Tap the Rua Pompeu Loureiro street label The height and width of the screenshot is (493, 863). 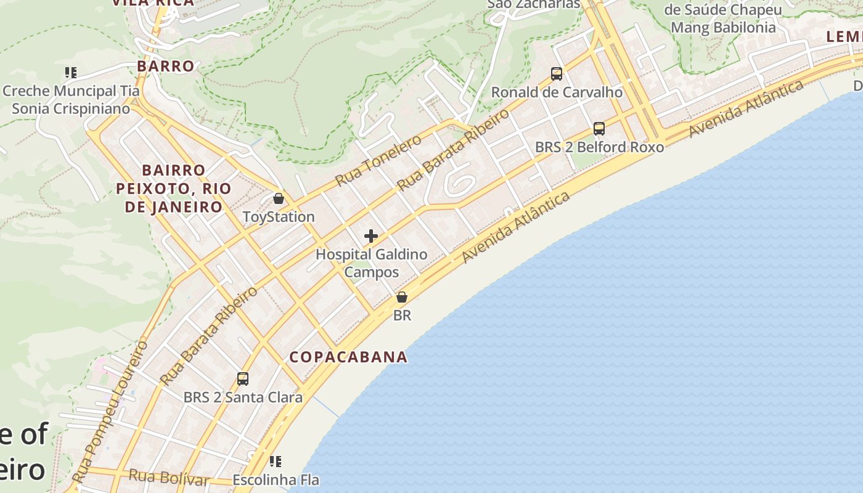(110, 411)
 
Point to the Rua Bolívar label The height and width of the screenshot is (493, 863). (168, 476)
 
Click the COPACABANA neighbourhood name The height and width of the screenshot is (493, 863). (348, 357)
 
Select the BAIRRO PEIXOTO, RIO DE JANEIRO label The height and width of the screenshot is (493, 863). (173, 188)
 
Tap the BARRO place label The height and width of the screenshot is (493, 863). (165, 66)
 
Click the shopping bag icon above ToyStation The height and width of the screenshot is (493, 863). (279, 198)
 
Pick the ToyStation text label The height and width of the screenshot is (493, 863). (279, 217)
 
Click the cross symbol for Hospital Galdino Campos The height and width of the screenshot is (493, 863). (371, 236)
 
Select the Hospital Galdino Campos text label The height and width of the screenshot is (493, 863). (371, 263)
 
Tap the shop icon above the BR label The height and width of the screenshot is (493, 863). (402, 297)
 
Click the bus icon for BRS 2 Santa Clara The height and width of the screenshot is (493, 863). (243, 379)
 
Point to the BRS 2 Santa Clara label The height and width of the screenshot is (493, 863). (243, 397)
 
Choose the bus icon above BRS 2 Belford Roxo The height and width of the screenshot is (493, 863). (599, 129)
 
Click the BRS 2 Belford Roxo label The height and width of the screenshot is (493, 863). (599, 147)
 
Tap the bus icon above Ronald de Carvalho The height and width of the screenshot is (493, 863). (557, 74)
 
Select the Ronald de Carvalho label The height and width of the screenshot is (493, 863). (557, 92)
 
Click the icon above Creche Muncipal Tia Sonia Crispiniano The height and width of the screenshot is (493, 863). (71, 73)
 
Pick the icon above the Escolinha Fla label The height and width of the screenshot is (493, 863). (276, 461)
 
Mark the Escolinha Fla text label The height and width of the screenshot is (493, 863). (276, 479)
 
